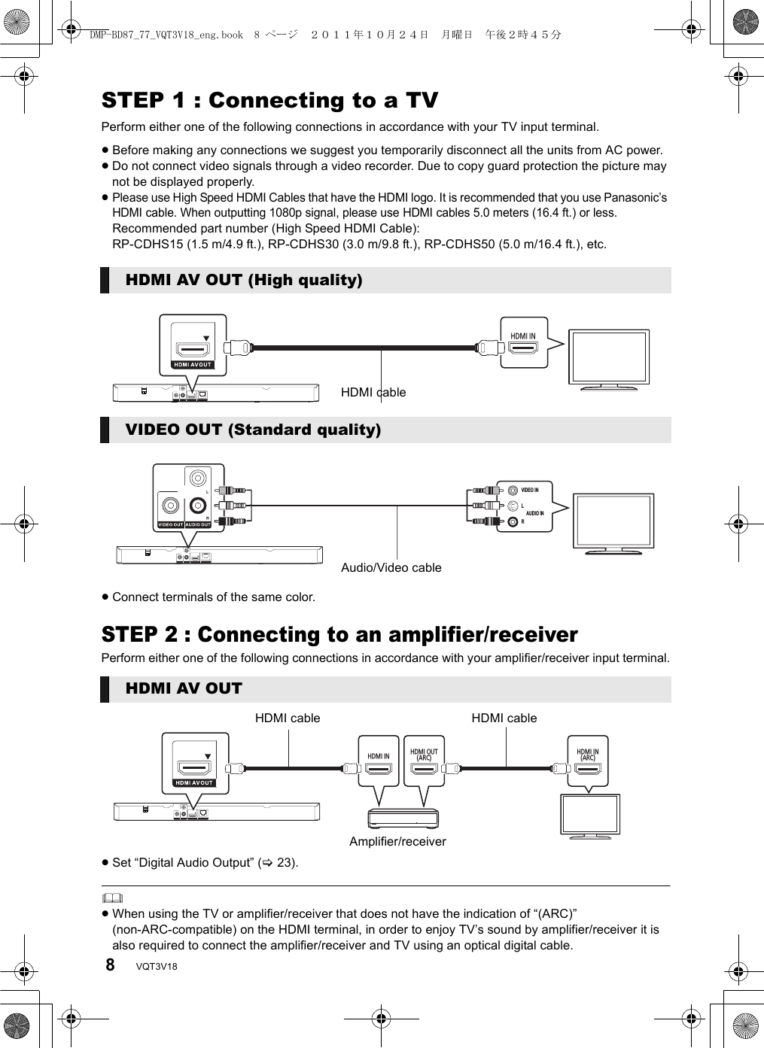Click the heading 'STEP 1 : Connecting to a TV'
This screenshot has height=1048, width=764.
(x=269, y=101)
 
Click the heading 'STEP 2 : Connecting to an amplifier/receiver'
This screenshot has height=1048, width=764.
(x=339, y=635)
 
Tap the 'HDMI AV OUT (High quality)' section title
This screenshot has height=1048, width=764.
(x=244, y=281)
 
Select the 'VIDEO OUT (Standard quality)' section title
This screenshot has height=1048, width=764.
(x=253, y=430)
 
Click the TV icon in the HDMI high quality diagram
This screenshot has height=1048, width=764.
(x=609, y=358)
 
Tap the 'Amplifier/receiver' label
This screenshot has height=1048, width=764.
(x=397, y=842)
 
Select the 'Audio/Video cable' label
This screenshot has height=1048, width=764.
(x=391, y=568)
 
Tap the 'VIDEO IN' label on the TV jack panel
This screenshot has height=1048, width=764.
(x=530, y=491)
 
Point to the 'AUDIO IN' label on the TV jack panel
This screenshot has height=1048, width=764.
(x=534, y=513)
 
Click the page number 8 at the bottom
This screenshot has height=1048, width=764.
(x=110, y=964)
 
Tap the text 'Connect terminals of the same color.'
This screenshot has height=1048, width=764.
(x=214, y=597)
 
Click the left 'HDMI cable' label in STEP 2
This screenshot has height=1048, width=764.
(x=288, y=718)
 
